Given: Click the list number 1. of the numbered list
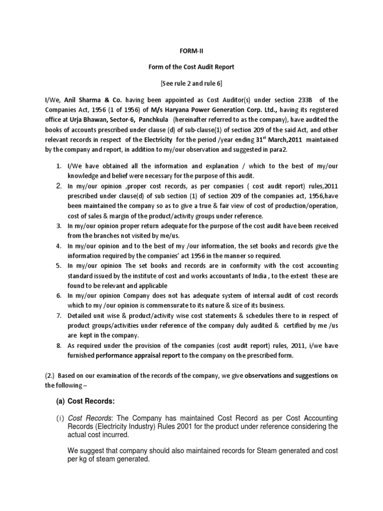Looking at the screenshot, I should [x=58, y=166].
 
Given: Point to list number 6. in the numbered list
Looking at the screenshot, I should [x=58, y=296].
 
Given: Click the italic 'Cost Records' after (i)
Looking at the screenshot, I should [x=85, y=418].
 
